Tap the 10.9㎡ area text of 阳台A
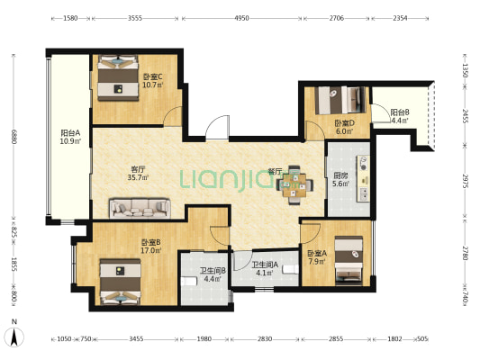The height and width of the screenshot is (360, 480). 70,141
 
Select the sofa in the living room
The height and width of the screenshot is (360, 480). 140,209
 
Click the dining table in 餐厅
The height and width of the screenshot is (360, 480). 294,185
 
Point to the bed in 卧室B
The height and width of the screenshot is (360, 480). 121,282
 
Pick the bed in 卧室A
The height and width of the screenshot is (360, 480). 349,260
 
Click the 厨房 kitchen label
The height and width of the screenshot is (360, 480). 341,175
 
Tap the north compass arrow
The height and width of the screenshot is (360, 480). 14,337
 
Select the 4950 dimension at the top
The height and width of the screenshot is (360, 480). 241,18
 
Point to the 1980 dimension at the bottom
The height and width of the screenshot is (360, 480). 204,339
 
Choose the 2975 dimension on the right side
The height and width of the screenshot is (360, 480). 465,182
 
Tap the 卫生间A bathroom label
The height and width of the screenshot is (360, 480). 265,265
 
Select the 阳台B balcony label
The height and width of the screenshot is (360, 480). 400,112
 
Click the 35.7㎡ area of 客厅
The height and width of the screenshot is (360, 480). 138,177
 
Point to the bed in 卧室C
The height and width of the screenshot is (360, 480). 118,77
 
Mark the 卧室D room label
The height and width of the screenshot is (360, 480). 344,123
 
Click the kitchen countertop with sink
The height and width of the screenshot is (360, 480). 363,178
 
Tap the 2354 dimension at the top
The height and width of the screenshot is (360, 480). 400,18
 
